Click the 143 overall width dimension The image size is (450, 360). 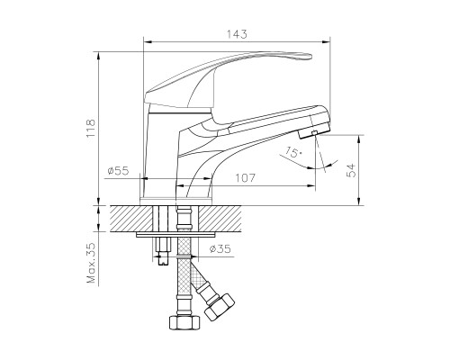pyautogui.click(x=237, y=34)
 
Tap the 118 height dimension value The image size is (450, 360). pyautogui.click(x=91, y=129)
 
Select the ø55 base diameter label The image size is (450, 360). pyautogui.click(x=118, y=171)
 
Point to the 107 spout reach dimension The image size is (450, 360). pyautogui.click(x=245, y=178)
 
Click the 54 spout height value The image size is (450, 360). pyautogui.click(x=351, y=170)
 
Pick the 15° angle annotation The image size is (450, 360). pyautogui.click(x=293, y=153)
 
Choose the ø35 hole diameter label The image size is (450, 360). pyautogui.click(x=220, y=248)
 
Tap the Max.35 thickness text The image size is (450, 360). pyautogui.click(x=91, y=263)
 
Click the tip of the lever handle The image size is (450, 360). pyautogui.click(x=311, y=56)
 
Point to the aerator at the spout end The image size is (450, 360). pyautogui.click(x=314, y=131)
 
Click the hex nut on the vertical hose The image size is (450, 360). pyautogui.click(x=184, y=322)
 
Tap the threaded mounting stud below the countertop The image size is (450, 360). pyautogui.click(x=162, y=251)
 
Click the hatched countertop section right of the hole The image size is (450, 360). pyautogui.click(x=220, y=219)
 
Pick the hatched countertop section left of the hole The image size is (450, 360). pyautogui.click(x=131, y=219)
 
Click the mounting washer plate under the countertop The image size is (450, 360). pyautogui.click(x=175, y=234)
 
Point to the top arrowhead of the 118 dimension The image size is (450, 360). pyautogui.click(x=98, y=56)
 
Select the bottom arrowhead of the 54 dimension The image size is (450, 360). pyautogui.click(x=358, y=202)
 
